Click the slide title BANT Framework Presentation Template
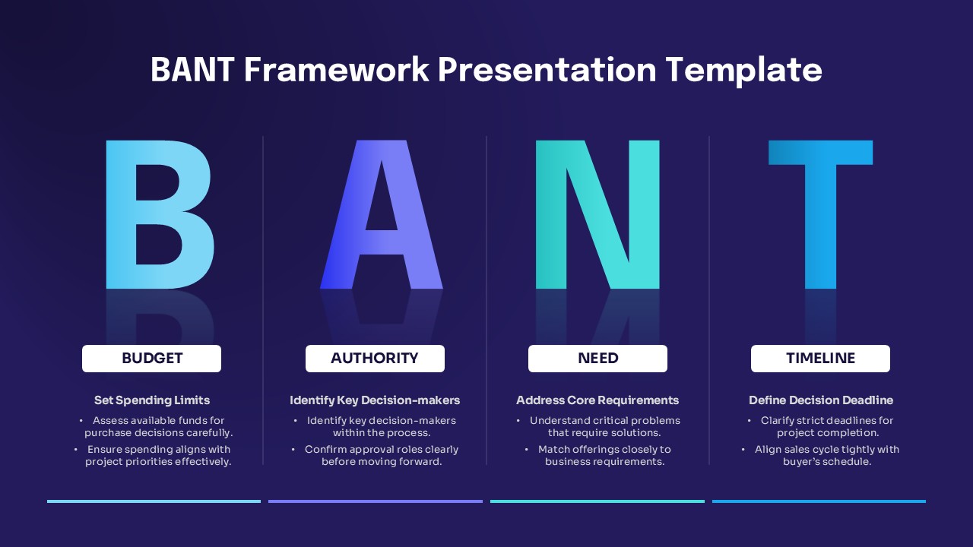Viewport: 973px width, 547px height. (486, 69)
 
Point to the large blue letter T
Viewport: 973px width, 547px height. (820, 214)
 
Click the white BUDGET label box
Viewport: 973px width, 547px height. (151, 359)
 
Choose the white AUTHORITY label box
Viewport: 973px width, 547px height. (375, 359)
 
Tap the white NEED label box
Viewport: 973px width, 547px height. (597, 359)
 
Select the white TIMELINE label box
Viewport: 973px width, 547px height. (820, 359)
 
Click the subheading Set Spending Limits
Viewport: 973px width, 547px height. (152, 400)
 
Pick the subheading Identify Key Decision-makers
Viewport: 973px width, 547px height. (375, 400)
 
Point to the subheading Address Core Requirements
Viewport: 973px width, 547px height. (597, 400)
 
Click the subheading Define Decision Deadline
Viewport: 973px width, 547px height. (820, 400)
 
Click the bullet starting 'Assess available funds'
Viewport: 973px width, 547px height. (158, 426)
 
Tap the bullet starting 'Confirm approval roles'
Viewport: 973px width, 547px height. (381, 455)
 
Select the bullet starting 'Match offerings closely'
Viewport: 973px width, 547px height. (604, 455)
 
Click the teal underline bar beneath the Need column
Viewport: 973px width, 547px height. (597, 501)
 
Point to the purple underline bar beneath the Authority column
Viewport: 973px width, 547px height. (375, 501)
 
